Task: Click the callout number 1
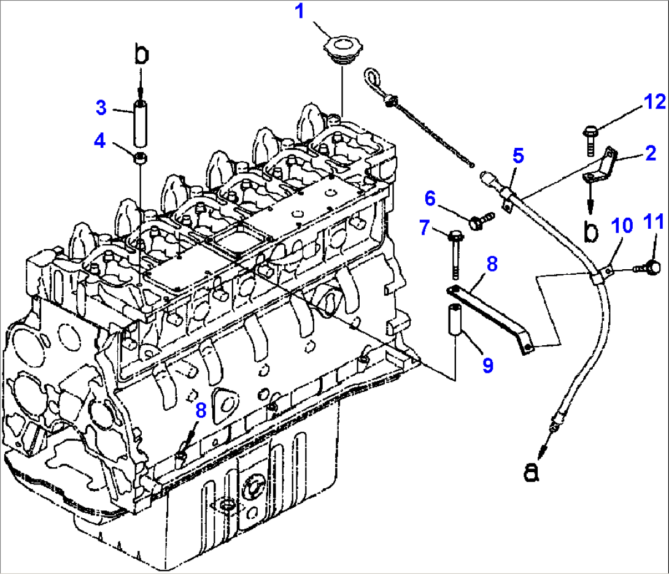pos(301,12)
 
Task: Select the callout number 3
pos(101,109)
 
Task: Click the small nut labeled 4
pos(141,159)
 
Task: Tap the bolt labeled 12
pos(588,136)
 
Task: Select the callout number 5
pos(519,155)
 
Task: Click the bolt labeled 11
pos(651,267)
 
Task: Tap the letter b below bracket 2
pos(590,232)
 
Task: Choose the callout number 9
pos(487,365)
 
